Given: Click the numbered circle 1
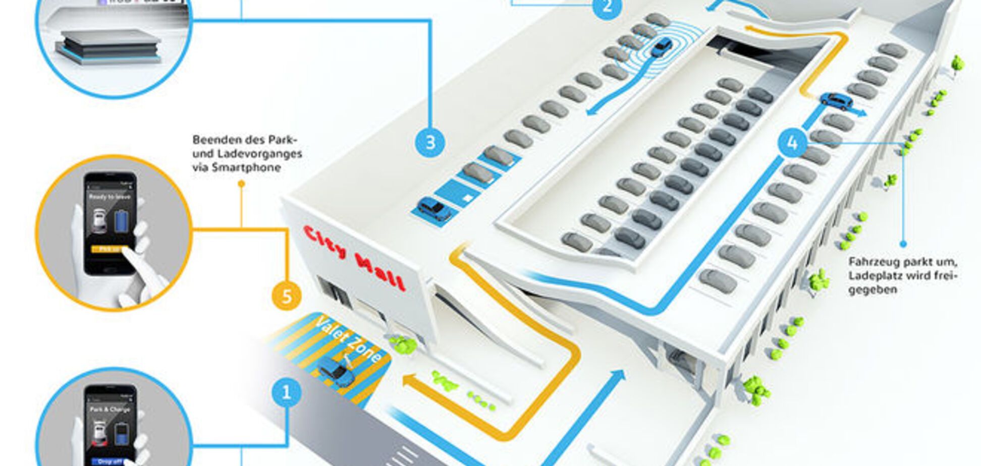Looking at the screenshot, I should point(286,392).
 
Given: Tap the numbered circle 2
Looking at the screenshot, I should point(607,7).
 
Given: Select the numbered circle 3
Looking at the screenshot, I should point(430,143).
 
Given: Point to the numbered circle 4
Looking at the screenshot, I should point(792,143).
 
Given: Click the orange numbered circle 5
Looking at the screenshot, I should point(286,296).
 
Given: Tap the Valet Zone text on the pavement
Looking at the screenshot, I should point(348,339).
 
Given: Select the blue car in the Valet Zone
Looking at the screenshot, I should point(336,372).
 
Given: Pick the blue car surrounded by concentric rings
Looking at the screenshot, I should point(662,47).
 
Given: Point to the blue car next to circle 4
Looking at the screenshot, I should point(836,101).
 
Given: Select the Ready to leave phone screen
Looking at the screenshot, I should point(110,222).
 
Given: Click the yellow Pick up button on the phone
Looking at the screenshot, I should point(108,249).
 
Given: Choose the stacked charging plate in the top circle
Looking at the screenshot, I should point(109,46).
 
